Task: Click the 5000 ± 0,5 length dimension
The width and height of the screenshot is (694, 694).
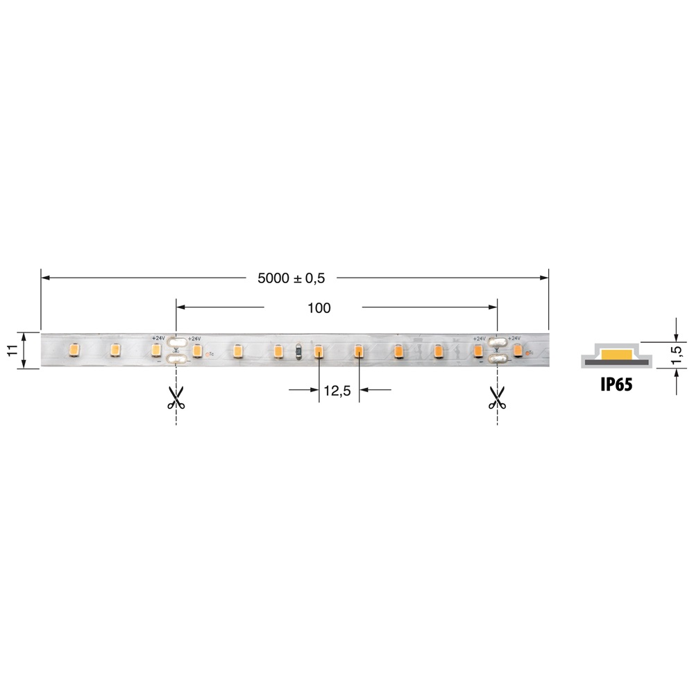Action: (291, 278)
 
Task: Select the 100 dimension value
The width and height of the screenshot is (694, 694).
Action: (319, 307)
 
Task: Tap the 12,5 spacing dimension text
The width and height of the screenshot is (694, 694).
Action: (337, 391)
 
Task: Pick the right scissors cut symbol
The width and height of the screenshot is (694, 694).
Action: (496, 397)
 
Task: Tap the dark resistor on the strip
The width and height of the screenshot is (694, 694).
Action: (298, 350)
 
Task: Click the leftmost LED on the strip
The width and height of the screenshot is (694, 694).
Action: (74, 350)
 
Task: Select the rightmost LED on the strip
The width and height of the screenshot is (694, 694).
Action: (518, 350)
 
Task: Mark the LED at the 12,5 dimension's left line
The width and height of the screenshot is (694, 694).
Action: (319, 351)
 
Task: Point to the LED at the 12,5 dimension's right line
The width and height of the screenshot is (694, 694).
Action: (359, 351)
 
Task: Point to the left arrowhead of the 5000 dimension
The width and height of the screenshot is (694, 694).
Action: (44, 278)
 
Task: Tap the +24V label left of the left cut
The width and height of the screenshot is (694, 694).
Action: (158, 338)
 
